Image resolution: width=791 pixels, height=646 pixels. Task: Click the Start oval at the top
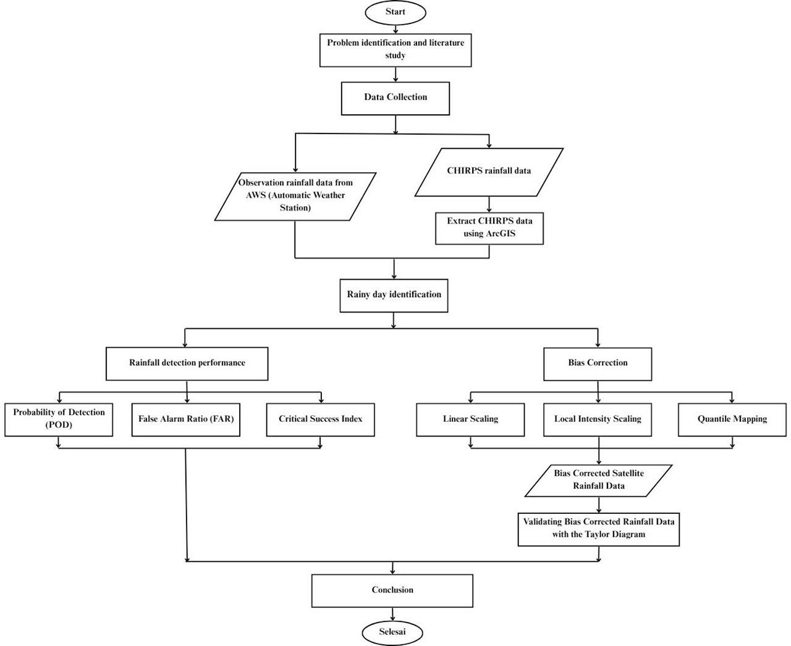395,12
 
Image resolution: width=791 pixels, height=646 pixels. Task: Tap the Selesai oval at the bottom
392,632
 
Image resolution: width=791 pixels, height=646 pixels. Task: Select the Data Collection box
395,98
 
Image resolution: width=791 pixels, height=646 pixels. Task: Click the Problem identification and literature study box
395,50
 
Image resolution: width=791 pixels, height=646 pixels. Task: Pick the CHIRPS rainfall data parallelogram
489,172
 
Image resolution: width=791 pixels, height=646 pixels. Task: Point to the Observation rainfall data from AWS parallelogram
295,196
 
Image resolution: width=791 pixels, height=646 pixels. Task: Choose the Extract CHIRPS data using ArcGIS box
489,229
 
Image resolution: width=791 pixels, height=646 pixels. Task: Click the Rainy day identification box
394,295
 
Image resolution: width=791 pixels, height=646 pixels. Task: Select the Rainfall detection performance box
187,364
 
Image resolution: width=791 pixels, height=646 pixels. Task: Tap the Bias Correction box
598,364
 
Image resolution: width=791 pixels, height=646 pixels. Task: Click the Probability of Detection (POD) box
59,419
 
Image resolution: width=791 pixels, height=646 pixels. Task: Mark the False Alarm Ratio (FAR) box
185,419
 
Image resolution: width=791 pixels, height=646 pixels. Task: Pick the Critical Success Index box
320,419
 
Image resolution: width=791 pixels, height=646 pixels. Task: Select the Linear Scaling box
470,419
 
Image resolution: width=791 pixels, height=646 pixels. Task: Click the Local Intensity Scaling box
598,419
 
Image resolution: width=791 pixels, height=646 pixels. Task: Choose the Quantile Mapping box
732,419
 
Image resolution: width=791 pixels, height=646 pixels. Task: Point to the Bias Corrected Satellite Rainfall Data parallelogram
598,480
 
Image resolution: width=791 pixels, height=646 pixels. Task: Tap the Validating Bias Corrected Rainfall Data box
599,529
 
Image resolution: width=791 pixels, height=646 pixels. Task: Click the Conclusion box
392,590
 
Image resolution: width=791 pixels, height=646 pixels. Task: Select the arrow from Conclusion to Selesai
392,614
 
